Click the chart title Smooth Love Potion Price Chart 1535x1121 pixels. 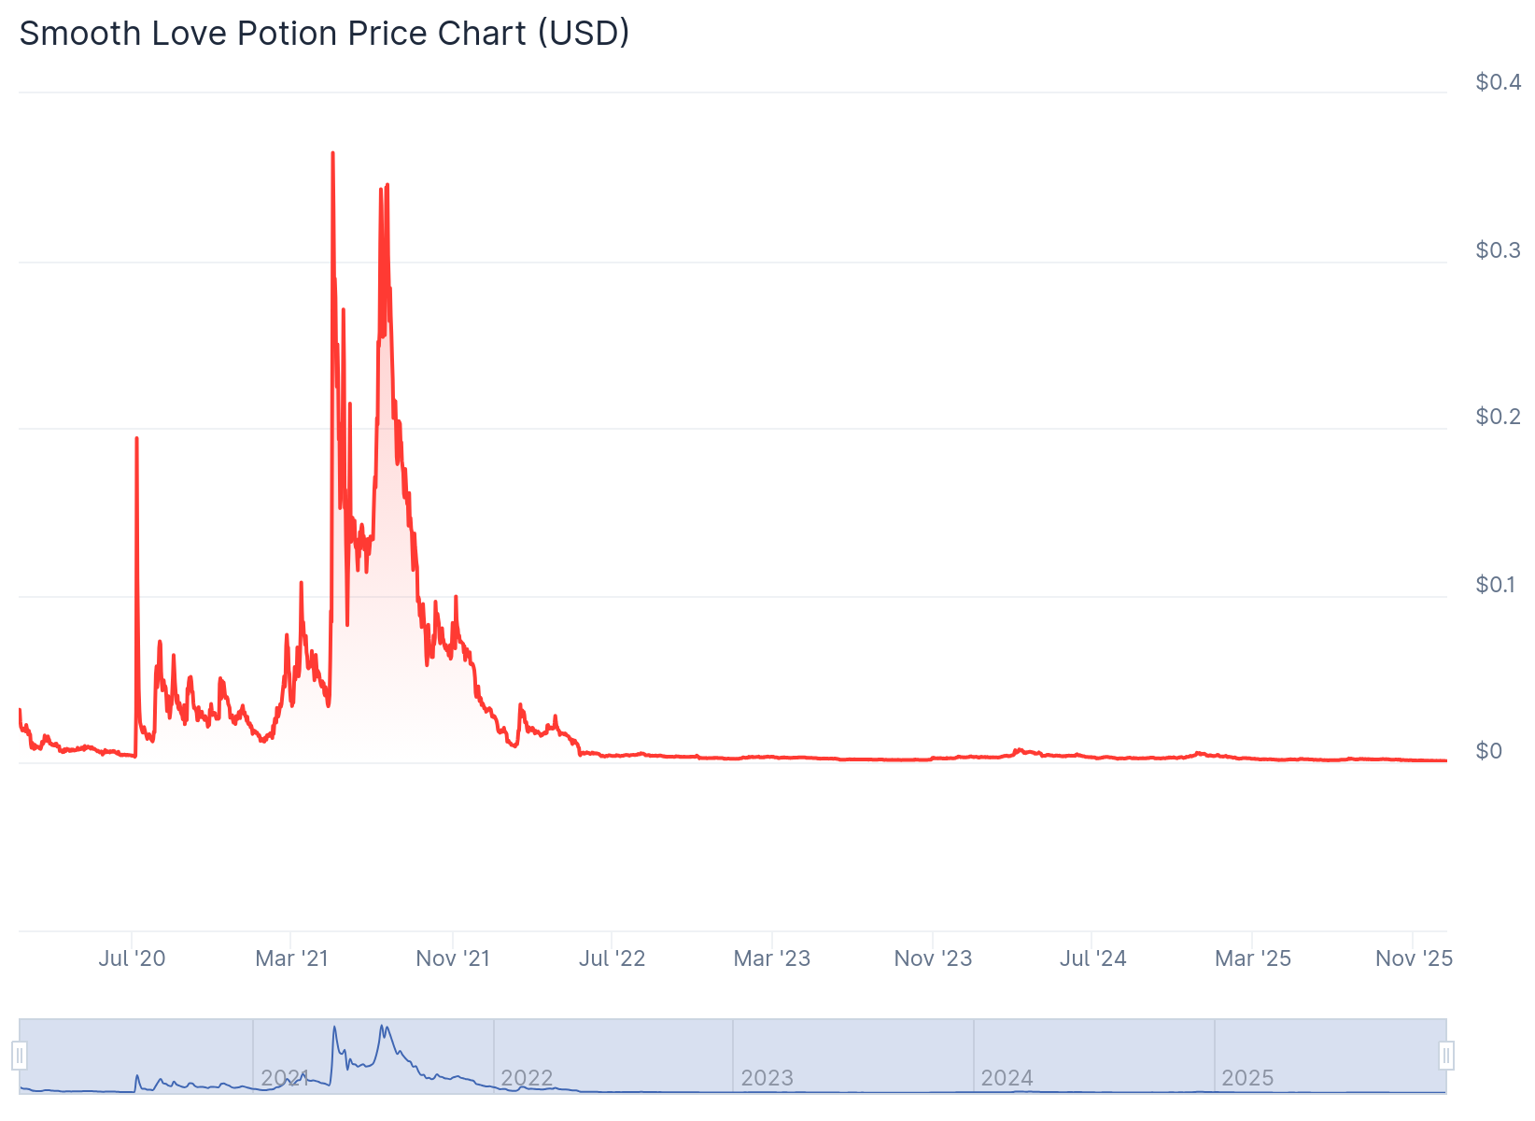[x=324, y=34]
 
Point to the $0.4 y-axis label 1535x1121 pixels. [x=1497, y=82]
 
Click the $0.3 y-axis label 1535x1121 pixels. [x=1497, y=250]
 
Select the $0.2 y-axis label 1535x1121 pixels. [x=1497, y=417]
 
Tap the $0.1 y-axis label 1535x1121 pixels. [x=1497, y=585]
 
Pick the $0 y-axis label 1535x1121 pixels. [x=1488, y=751]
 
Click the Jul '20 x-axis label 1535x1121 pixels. [x=132, y=958]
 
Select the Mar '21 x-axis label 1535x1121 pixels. [x=291, y=958]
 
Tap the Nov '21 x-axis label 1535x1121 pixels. [x=453, y=958]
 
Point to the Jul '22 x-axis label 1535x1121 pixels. [x=612, y=958]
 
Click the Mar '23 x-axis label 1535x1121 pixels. [x=772, y=958]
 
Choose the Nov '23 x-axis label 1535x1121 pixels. [x=933, y=958]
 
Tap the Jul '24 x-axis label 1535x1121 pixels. [x=1092, y=958]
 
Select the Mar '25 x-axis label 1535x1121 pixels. [x=1252, y=958]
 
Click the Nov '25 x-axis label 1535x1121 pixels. [x=1414, y=958]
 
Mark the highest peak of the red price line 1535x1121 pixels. [x=333, y=153]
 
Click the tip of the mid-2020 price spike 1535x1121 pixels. [x=136, y=438]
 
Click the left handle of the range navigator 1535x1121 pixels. [x=20, y=1056]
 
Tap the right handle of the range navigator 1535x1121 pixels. [x=1446, y=1056]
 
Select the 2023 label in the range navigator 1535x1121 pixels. [x=767, y=1078]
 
